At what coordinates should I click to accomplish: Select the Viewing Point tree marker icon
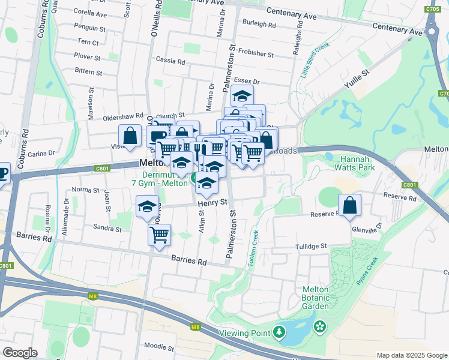coord(279,332)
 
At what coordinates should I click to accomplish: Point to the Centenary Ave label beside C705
coord(397,28)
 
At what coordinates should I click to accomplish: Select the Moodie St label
coord(159,347)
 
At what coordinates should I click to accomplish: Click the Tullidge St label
coord(310,246)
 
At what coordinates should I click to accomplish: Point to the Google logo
coord(20,352)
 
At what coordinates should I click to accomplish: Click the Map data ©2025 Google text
coord(412,355)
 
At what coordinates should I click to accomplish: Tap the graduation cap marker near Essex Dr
coord(242,95)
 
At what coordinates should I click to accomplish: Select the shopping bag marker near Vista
coord(130,135)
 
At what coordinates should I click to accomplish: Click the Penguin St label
coord(90,28)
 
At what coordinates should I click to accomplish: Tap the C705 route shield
coord(431,9)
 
